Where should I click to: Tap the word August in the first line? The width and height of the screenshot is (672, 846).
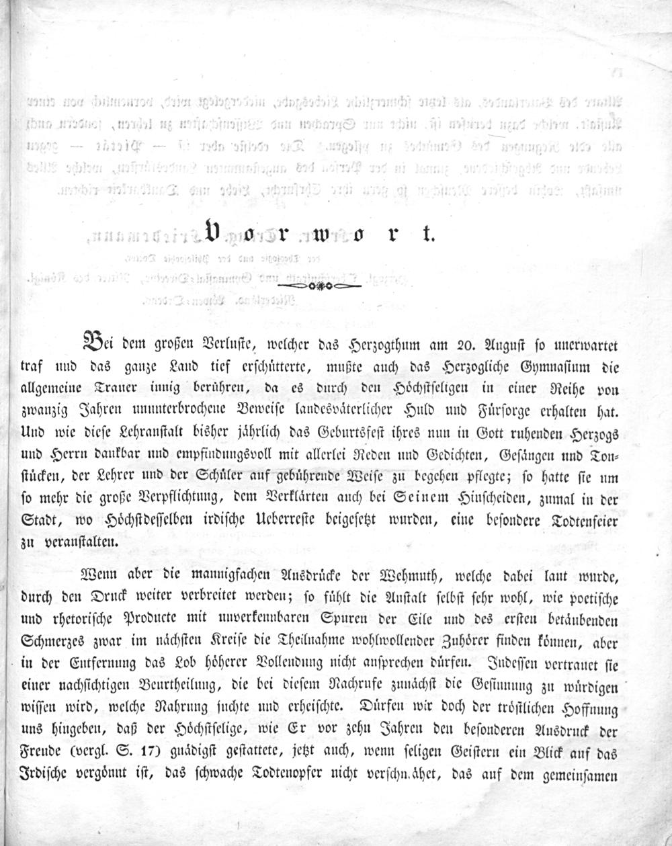tap(501, 347)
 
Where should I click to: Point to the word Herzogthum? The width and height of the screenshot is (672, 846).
tap(382, 347)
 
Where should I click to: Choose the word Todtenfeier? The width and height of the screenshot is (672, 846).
tap(579, 520)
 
